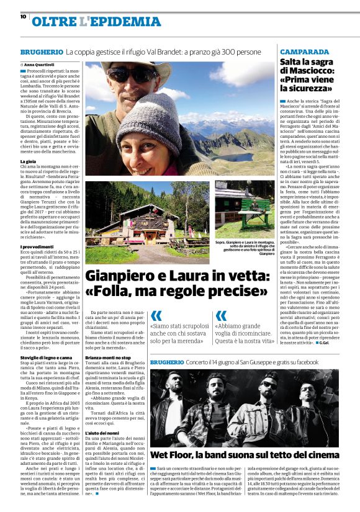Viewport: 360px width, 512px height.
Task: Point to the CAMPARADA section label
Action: (x=304, y=52)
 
